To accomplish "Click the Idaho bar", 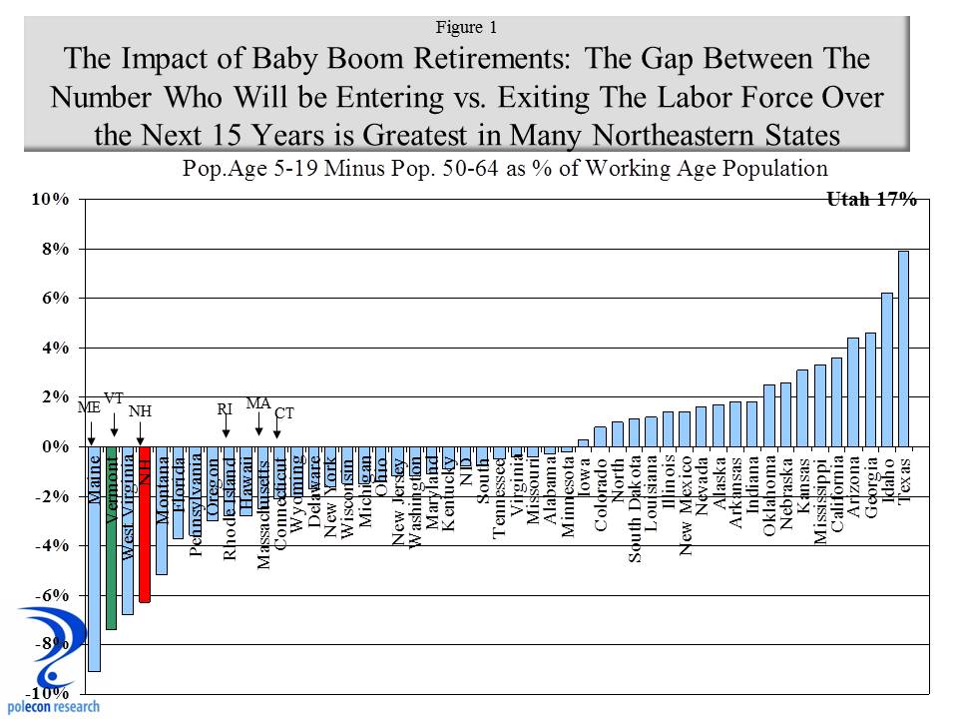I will [x=886, y=369].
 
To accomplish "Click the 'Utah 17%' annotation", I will [x=871, y=200].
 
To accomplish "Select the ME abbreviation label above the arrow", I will [x=89, y=407].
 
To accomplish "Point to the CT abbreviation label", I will [x=284, y=412].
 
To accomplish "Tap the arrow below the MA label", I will [x=259, y=426].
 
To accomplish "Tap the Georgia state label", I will [x=870, y=485].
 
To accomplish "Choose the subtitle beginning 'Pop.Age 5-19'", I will [x=506, y=168].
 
